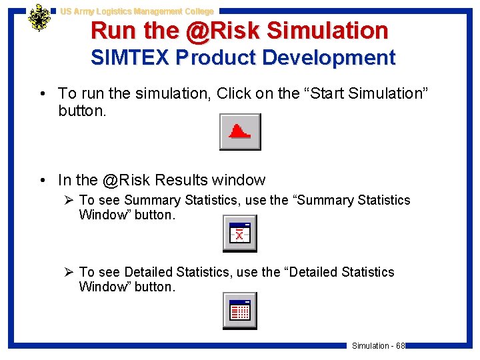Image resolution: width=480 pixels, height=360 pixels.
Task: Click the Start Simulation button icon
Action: [240, 132]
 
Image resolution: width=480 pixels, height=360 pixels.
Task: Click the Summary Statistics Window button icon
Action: [239, 234]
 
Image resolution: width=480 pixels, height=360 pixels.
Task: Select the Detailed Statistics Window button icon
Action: [239, 311]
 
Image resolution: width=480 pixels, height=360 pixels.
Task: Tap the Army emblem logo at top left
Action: [39, 19]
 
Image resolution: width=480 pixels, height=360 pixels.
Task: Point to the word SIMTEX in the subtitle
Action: [130, 58]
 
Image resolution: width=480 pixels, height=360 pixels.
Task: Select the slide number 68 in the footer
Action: [401, 345]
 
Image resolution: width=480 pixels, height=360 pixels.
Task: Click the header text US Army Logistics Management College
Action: [137, 11]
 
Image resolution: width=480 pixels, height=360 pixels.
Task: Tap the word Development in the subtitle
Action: [329, 58]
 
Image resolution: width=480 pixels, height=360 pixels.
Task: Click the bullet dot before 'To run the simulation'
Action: [43, 94]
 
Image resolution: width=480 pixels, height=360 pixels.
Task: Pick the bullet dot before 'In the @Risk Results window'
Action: [43, 181]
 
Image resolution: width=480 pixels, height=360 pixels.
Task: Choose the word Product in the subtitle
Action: [216, 58]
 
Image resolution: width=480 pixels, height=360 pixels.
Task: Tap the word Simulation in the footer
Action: [370, 345]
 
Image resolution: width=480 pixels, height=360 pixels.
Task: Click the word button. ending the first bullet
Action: [82, 110]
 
